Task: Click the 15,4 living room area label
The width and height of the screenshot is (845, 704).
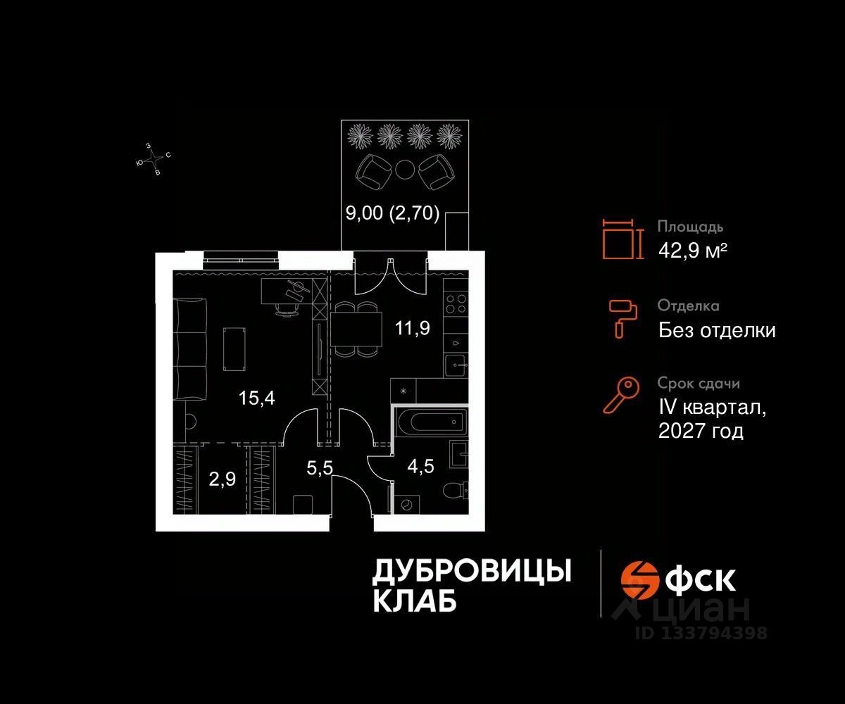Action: click(256, 398)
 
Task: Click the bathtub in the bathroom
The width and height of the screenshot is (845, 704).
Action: click(430, 423)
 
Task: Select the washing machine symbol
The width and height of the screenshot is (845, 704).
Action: click(406, 504)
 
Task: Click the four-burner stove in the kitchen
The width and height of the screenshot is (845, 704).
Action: click(456, 303)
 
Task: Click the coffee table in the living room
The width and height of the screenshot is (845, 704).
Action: click(234, 349)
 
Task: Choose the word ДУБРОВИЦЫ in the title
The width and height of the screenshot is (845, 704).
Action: click(471, 571)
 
